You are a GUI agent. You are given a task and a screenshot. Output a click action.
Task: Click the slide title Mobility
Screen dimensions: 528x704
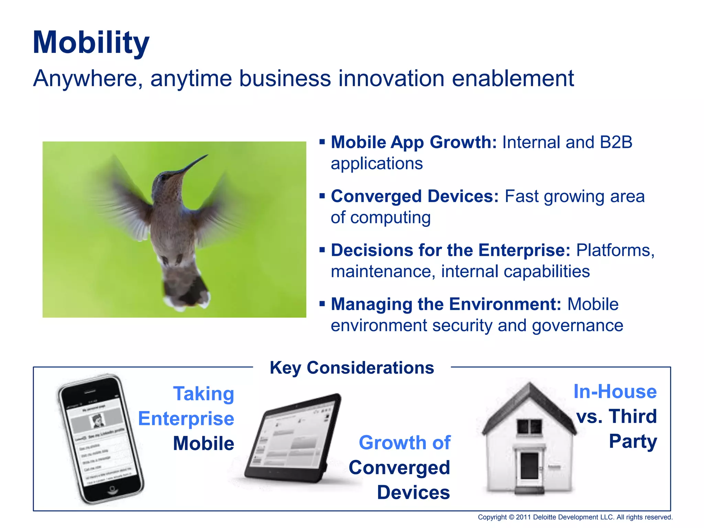pyautogui.click(x=91, y=43)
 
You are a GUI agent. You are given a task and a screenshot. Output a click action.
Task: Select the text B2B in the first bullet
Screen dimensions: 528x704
pyautogui.click(x=616, y=142)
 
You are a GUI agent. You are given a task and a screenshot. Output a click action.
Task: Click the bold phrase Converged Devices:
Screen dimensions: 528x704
pyautogui.click(x=415, y=196)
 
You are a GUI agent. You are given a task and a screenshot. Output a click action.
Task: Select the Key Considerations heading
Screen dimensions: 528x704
pyautogui.click(x=352, y=368)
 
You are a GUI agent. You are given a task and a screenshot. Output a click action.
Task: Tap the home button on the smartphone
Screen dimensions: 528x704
pyautogui.click(x=112, y=489)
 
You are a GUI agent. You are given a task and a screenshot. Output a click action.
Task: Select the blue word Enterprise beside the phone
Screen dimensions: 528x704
pyautogui.click(x=186, y=419)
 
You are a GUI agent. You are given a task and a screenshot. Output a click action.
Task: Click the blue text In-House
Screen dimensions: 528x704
pyautogui.click(x=615, y=392)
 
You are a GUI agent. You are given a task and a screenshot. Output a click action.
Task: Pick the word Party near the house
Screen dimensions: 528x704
pyautogui.click(x=633, y=441)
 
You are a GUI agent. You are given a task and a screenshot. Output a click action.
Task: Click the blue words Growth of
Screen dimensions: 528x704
pyautogui.click(x=405, y=443)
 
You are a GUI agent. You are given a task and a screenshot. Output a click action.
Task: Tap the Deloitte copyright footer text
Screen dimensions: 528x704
pyautogui.click(x=575, y=517)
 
